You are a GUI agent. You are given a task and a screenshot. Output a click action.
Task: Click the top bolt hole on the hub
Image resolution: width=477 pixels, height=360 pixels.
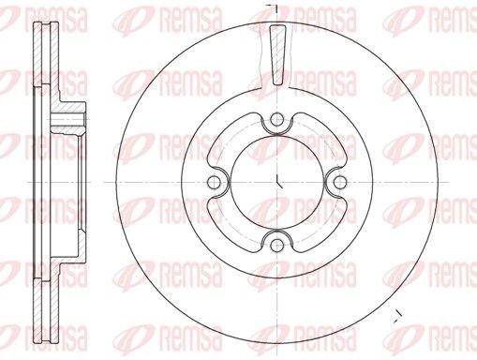[276, 118]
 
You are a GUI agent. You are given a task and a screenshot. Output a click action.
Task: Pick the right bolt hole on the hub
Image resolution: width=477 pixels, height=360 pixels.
[339, 181]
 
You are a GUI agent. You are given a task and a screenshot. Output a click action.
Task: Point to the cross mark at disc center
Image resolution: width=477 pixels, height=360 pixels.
[276, 181]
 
